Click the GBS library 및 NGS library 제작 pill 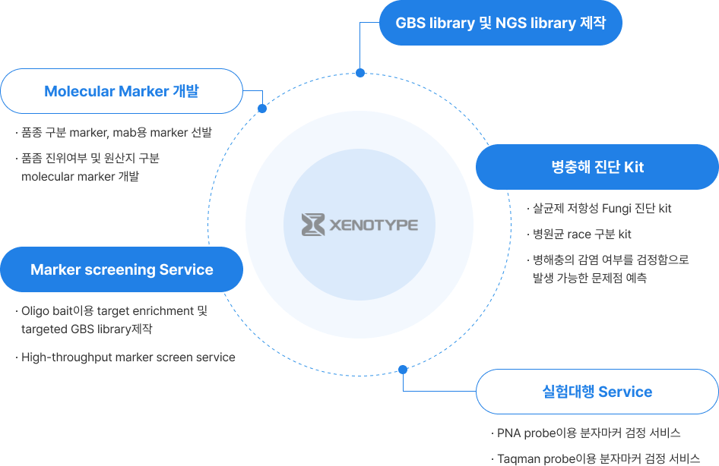500,23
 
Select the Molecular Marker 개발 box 122,91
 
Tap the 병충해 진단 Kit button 597,167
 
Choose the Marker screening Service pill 122,269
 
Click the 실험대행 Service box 597,392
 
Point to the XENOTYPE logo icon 313,225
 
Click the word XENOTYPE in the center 374,225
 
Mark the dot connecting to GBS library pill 360,73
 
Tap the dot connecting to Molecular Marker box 262,109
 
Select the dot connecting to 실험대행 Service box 403,370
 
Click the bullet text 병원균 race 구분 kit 582,235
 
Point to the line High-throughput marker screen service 128,357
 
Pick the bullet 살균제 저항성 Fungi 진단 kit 602,209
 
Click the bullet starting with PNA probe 589,433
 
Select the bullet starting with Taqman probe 599,458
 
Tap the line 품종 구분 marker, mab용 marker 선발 116,133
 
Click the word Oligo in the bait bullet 35,311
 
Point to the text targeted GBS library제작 87,329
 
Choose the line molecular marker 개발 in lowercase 81,177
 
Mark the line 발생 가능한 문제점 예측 590,278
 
